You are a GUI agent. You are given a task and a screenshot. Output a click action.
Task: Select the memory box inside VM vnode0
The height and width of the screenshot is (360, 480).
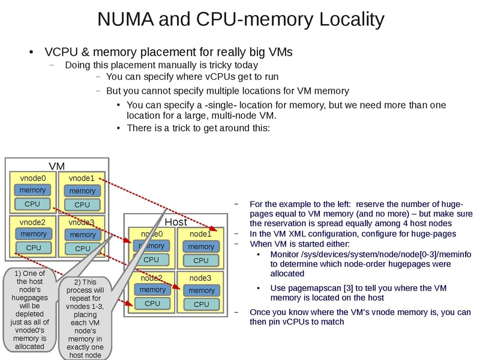point(32,190)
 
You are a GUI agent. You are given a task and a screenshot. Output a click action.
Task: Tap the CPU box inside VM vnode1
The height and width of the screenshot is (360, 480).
point(82,205)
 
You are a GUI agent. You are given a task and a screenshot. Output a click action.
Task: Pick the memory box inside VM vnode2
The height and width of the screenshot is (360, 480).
point(33,234)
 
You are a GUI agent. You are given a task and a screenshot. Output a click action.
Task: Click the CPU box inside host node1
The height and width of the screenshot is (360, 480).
point(201,260)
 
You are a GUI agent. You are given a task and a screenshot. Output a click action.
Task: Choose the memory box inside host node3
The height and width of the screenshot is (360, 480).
point(201,290)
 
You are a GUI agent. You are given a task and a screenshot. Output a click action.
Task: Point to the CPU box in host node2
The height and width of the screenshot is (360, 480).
point(151,304)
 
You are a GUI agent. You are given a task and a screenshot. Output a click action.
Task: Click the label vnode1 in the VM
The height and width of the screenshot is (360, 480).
point(82,178)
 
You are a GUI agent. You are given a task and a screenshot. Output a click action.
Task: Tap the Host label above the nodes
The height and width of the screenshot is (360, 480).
point(175,222)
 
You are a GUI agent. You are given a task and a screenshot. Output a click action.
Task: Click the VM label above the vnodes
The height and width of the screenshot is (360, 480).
point(56,166)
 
